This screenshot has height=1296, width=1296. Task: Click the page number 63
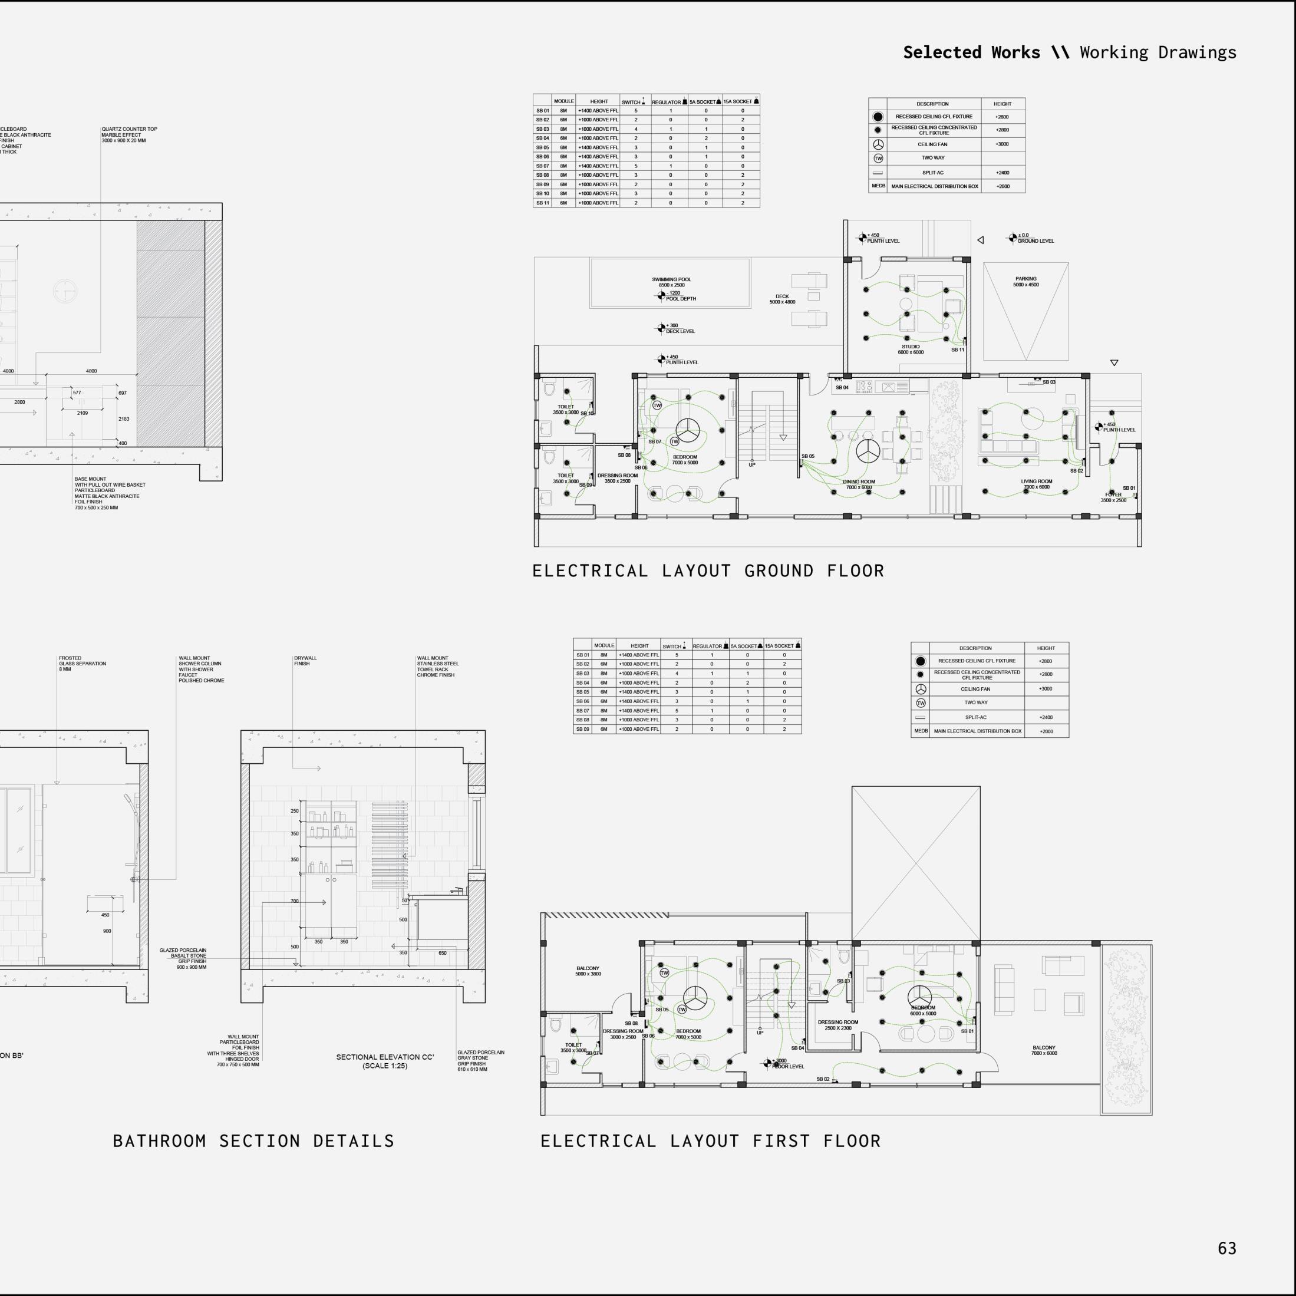tap(1227, 1248)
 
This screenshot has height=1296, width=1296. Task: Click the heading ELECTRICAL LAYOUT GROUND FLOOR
tap(708, 571)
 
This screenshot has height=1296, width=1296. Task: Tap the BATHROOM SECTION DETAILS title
tap(253, 1141)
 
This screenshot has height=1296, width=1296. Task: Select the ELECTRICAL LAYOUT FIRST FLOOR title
tap(710, 1141)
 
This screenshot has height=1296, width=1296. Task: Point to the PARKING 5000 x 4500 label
tap(1025, 282)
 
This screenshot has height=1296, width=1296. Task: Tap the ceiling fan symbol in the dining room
tap(869, 451)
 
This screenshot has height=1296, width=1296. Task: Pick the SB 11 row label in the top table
tap(542, 203)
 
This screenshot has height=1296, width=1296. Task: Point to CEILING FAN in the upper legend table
tap(932, 144)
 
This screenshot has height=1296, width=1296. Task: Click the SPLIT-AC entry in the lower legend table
tap(975, 717)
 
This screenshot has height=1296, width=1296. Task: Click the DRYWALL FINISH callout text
tap(305, 661)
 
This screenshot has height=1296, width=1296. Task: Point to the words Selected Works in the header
tap(971, 52)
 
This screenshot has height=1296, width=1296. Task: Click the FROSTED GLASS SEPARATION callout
tap(82, 664)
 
